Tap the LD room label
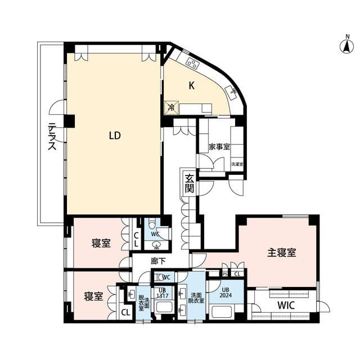tap(115, 136)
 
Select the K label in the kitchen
tap(192, 86)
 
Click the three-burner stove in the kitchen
tap(191, 62)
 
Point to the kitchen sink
tap(231, 90)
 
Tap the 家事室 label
tap(219, 147)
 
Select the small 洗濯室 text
tap(237, 164)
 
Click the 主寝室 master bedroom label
tap(281, 253)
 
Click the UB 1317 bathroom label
tap(161, 292)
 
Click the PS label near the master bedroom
tap(225, 274)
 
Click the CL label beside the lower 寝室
tap(125, 312)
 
